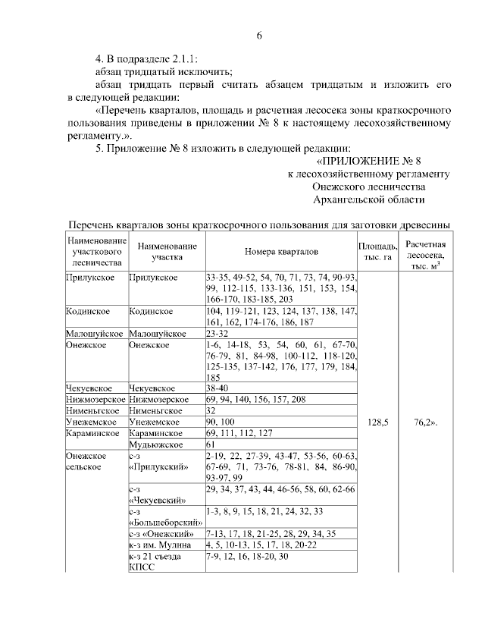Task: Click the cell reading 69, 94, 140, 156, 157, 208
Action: pyautogui.click(x=256, y=398)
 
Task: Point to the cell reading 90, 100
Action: pyautogui.click(x=219, y=421)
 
